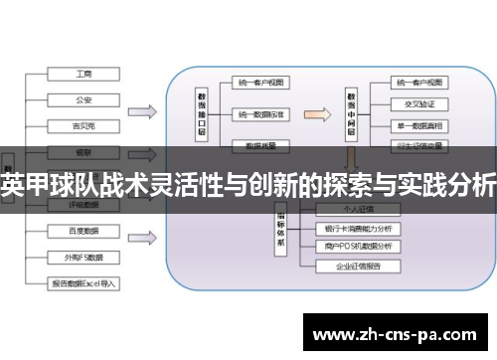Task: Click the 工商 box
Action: pyautogui.click(x=83, y=75)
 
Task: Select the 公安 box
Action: pyautogui.click(x=83, y=99)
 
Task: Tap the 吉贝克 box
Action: pyautogui.click(x=83, y=125)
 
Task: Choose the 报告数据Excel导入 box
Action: pyautogui.click(x=83, y=282)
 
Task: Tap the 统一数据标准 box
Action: pyautogui.click(x=261, y=115)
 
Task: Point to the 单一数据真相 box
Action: pyautogui.click(x=418, y=127)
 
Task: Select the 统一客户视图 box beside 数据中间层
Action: pyautogui.click(x=418, y=84)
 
